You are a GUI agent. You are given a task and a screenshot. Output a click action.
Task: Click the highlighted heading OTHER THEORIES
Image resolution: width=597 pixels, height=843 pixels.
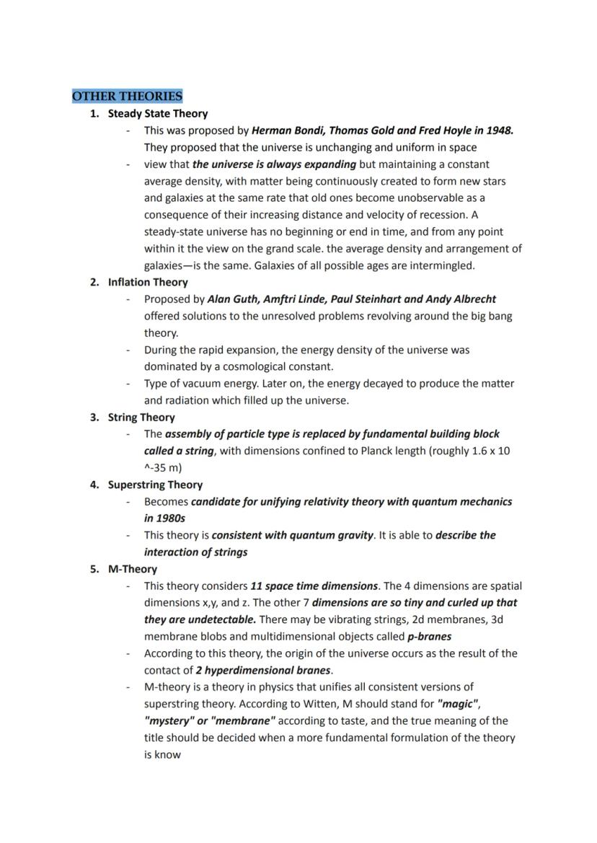127,96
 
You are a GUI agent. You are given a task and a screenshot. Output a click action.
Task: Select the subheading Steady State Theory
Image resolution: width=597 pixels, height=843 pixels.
157,113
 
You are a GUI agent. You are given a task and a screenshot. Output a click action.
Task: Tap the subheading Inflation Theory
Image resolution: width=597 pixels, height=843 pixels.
148,282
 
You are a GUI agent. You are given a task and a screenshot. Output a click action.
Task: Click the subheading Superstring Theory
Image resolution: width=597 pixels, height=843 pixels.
155,485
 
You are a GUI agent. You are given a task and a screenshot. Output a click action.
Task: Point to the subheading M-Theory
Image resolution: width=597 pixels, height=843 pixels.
133,569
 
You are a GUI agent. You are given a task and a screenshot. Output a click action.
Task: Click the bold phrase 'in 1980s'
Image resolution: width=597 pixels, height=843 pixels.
164,518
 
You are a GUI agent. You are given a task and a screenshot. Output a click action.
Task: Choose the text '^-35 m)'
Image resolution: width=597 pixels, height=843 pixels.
163,467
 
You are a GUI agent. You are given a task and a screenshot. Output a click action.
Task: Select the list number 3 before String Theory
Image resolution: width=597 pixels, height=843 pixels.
94,417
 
